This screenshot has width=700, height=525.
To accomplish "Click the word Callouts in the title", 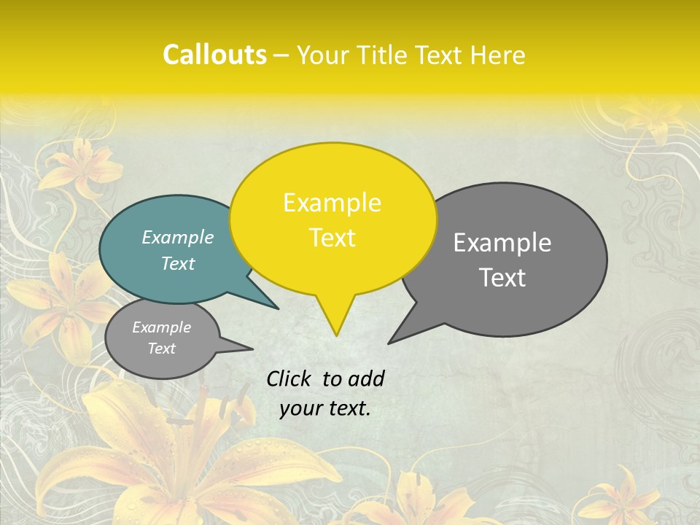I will pyautogui.click(x=214, y=55).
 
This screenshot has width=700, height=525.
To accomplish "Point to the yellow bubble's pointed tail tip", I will pyautogui.click(x=336, y=335).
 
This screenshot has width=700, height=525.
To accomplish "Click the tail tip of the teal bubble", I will pyautogui.click(x=279, y=308).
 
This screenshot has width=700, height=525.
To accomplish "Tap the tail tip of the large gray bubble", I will pyautogui.click(x=389, y=343).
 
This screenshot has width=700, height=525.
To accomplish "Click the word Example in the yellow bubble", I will pyautogui.click(x=332, y=203).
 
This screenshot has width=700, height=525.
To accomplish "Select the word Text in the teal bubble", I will pyautogui.click(x=178, y=264).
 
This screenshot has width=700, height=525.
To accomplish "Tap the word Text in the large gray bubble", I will pyautogui.click(x=503, y=278).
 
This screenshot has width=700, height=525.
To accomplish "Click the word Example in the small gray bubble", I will pyautogui.click(x=161, y=327).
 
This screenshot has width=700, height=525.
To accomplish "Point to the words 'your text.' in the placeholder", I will pyautogui.click(x=325, y=408).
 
